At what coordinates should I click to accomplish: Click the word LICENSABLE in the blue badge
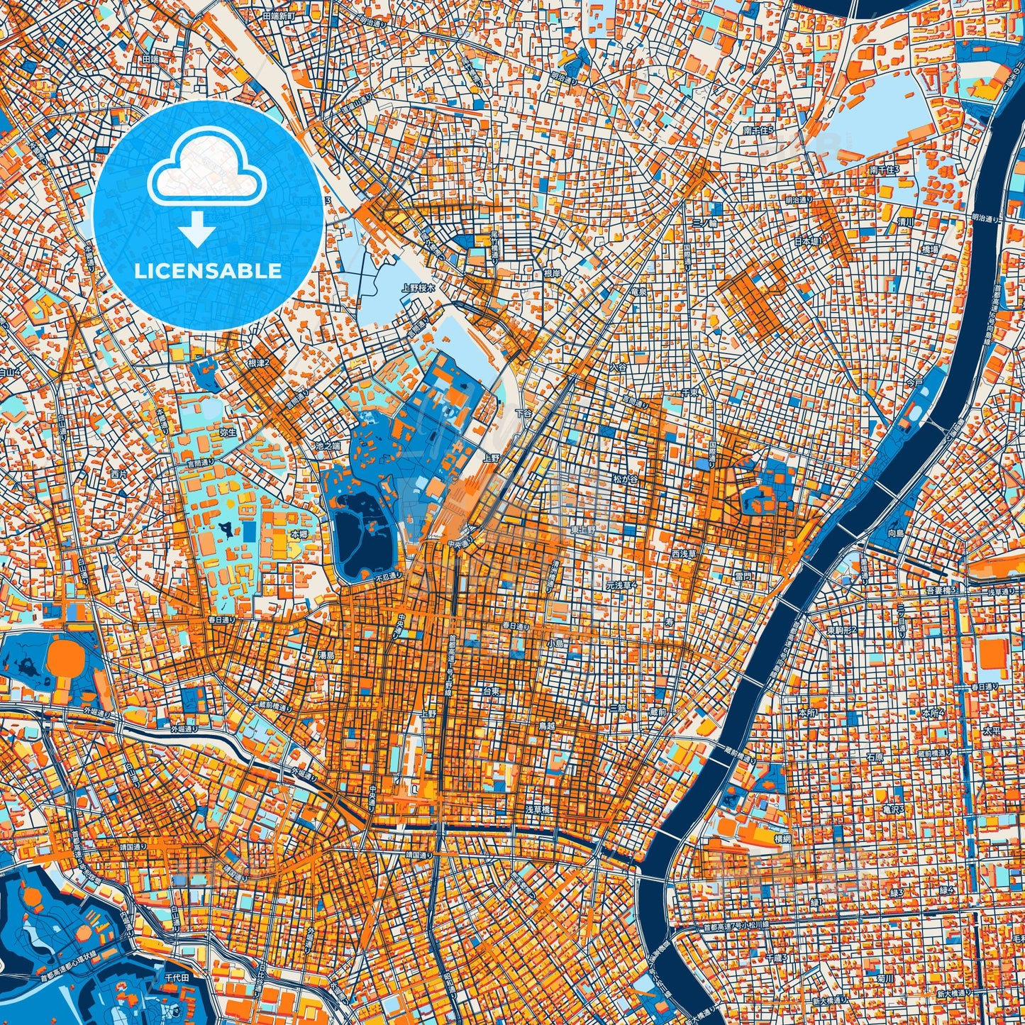(x=209, y=271)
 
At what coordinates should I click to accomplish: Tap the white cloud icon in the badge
(x=206, y=170)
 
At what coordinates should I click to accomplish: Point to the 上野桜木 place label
(x=417, y=288)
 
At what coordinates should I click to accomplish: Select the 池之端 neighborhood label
(x=328, y=446)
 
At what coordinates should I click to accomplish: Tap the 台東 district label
(x=492, y=690)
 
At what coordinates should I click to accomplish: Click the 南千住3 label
(x=884, y=170)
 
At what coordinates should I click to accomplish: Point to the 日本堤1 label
(x=807, y=241)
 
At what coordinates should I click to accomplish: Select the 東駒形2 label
(x=841, y=630)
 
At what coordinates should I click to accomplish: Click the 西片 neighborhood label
(x=119, y=472)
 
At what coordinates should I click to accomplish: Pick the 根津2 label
(x=259, y=362)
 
